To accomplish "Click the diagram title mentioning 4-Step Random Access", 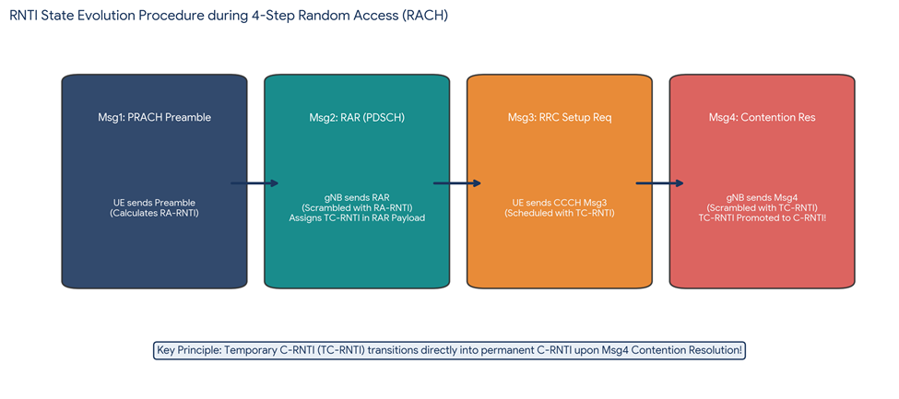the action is (229, 16).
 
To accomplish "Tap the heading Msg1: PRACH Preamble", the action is (154, 118).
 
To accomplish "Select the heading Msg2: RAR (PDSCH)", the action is (357, 118).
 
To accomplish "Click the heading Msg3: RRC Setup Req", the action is (560, 118).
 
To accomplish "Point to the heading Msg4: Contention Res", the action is (762, 118).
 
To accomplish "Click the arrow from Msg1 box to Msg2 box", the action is (254, 183).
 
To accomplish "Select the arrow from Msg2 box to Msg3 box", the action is (457, 183).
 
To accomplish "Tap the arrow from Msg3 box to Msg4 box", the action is (660, 183).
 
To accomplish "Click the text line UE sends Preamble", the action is (154, 203).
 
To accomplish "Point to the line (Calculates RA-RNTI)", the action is (154, 213).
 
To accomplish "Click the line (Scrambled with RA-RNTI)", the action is (357, 207).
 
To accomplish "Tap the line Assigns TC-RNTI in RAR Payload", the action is (357, 217).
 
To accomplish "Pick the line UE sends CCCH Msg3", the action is (560, 203).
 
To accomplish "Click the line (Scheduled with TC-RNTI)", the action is (560, 213).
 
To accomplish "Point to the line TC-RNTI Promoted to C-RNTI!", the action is (762, 217).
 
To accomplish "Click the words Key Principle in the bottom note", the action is (183, 350).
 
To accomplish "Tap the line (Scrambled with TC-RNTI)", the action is (762, 207).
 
